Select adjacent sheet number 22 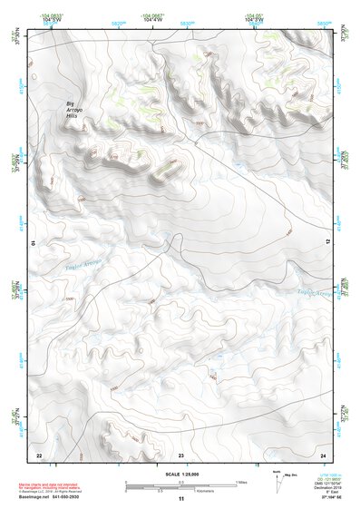tap(39, 454)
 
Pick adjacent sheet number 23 tap(180, 454)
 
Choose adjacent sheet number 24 tap(323, 454)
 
